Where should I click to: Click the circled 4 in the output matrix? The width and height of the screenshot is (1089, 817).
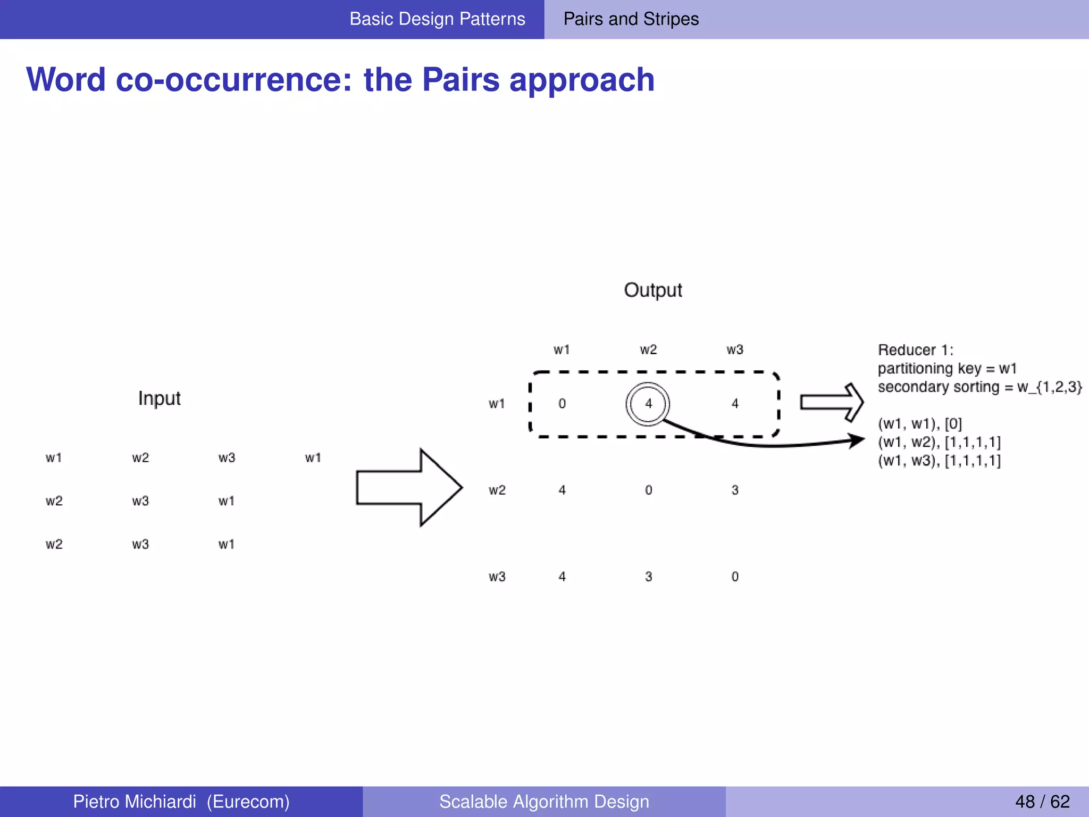(648, 404)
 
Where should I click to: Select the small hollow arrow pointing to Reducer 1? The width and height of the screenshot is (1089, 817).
(832, 402)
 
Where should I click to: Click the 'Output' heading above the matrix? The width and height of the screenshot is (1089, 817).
(652, 290)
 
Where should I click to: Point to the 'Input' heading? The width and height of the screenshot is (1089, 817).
(159, 398)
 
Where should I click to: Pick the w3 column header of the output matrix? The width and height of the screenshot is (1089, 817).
(735, 349)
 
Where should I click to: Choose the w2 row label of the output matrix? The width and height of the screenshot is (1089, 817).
(497, 490)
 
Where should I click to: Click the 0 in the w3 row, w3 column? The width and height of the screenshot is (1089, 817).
(735, 577)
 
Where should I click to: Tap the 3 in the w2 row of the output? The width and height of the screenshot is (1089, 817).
(735, 490)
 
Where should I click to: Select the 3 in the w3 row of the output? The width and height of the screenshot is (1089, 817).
(648, 577)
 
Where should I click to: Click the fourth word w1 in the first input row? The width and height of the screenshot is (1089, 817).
(313, 457)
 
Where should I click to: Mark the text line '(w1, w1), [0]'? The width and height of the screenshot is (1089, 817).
(919, 424)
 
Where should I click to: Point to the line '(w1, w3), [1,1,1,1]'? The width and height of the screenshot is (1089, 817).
(939, 461)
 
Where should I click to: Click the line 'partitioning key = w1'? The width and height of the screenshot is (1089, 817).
(946, 368)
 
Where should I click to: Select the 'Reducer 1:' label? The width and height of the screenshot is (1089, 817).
(915, 350)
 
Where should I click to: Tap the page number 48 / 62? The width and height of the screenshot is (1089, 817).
(1042, 802)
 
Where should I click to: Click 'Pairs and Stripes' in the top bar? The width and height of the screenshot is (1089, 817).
(631, 19)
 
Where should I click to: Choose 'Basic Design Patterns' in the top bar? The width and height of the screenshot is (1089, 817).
(437, 19)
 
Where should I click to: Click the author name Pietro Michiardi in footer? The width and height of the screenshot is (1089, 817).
(135, 802)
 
